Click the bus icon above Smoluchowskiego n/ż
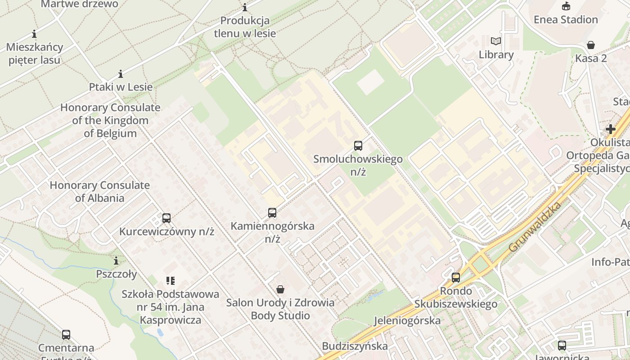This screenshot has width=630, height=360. click(358, 146)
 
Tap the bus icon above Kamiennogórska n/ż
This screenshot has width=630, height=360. click(272, 213)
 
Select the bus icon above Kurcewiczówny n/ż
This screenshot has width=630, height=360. click(166, 218)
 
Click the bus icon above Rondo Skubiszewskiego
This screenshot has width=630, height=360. click(456, 278)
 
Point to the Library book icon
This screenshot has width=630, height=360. click(496, 41)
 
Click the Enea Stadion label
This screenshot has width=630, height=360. click(566, 19)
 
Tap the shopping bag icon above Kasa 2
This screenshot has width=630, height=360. click(591, 45)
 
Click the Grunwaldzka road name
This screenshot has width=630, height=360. click(535, 227)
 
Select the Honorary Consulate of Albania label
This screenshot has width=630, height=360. click(99, 191)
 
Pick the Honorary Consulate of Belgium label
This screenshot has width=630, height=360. click(110, 121)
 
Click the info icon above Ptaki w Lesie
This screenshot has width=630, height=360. click(121, 74)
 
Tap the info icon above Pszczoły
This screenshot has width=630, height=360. click(116, 261)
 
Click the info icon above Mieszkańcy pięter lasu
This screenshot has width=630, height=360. click(34, 34)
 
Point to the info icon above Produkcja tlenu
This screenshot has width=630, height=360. click(245, 7)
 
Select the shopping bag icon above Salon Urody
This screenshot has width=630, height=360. click(280, 289)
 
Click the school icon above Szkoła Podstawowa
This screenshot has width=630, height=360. click(170, 281)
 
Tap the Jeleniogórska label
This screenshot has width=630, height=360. click(407, 320)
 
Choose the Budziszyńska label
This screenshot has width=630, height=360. click(355, 346)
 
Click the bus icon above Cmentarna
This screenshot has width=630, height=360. click(66, 335)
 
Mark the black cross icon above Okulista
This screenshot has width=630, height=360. click(610, 129)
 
